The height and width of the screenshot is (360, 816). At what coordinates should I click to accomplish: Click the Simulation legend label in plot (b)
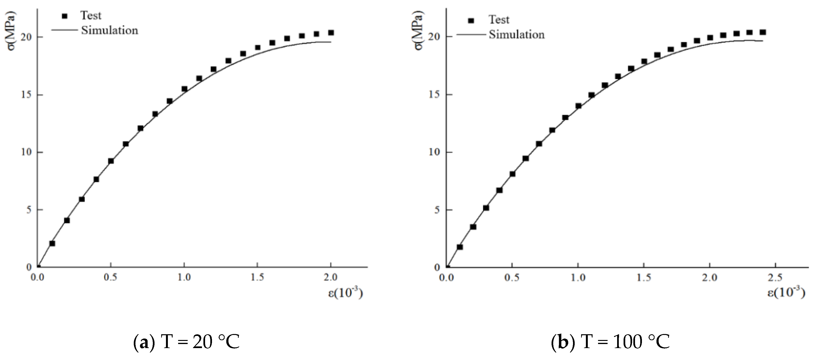[516, 35]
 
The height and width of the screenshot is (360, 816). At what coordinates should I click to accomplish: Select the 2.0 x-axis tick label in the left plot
[331, 277]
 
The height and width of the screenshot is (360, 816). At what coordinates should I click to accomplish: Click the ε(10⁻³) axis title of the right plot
[785, 293]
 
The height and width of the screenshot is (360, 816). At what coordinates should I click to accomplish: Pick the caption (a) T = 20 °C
[186, 342]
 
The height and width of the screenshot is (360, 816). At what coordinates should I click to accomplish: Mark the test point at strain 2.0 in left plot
[331, 33]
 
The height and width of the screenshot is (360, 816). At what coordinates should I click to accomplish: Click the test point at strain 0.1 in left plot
[52, 243]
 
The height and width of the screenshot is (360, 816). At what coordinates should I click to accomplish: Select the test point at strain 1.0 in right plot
[578, 106]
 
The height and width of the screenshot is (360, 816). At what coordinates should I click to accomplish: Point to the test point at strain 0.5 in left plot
[111, 161]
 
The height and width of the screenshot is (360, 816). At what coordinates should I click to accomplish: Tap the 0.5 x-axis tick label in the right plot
[512, 278]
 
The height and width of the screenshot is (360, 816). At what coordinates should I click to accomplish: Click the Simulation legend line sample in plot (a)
[65, 30]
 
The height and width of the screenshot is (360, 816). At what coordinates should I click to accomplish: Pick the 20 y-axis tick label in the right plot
[435, 37]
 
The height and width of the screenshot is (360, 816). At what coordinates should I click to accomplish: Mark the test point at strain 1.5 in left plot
[258, 47]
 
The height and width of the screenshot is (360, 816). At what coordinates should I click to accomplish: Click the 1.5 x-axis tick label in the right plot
[644, 278]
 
